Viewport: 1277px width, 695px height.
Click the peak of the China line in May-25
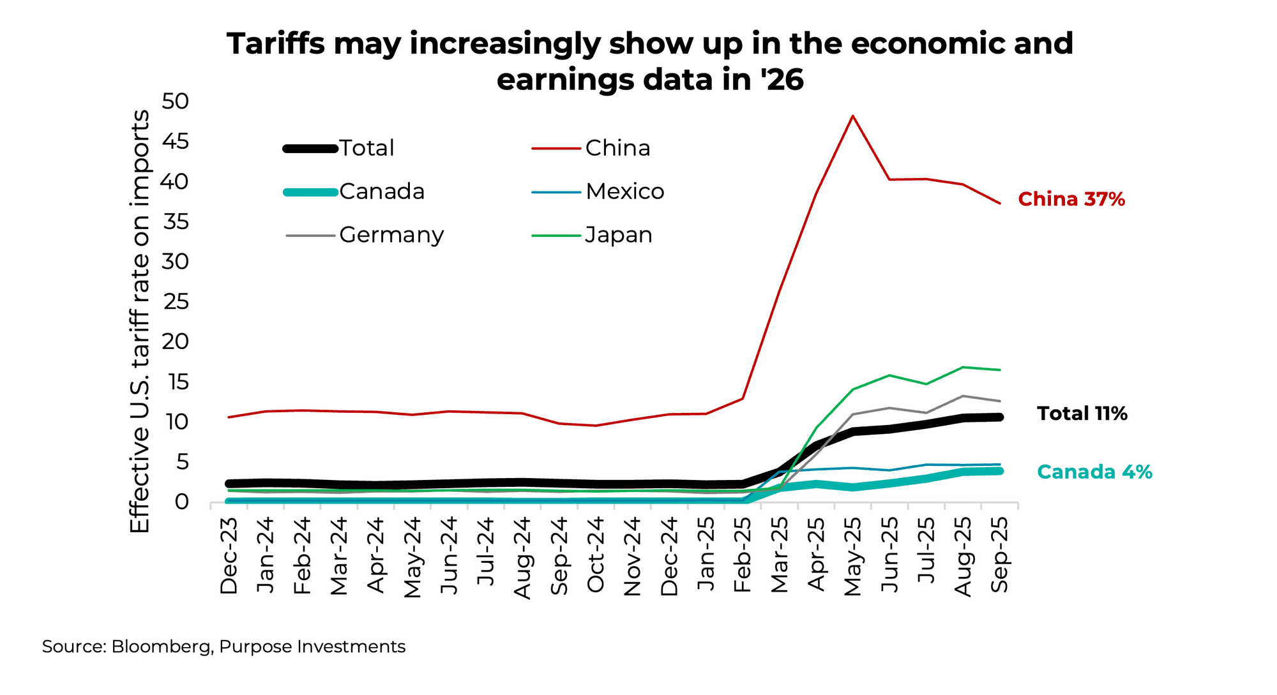click(853, 116)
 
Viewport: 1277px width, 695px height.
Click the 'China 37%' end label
click(1071, 200)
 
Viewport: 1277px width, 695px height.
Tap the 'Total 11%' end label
click(1082, 414)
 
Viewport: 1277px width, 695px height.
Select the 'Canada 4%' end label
click(1094, 472)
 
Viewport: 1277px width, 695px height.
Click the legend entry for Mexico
click(624, 191)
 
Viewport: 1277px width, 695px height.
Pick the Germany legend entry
click(391, 235)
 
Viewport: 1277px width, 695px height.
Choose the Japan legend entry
click(618, 235)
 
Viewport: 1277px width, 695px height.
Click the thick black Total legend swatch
click(310, 149)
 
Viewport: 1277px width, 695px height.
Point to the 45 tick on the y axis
click(176, 142)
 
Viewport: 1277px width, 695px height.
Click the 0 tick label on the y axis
click(183, 502)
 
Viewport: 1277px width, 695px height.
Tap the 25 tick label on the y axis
click(176, 302)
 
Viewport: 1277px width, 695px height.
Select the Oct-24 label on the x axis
click(596, 555)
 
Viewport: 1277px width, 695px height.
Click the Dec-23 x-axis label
click(229, 555)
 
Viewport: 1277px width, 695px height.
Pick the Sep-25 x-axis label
click(999, 555)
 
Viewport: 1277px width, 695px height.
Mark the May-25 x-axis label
click(853, 556)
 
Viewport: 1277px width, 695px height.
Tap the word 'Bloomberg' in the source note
click(162, 646)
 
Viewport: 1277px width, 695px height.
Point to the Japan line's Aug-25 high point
click(962, 367)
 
